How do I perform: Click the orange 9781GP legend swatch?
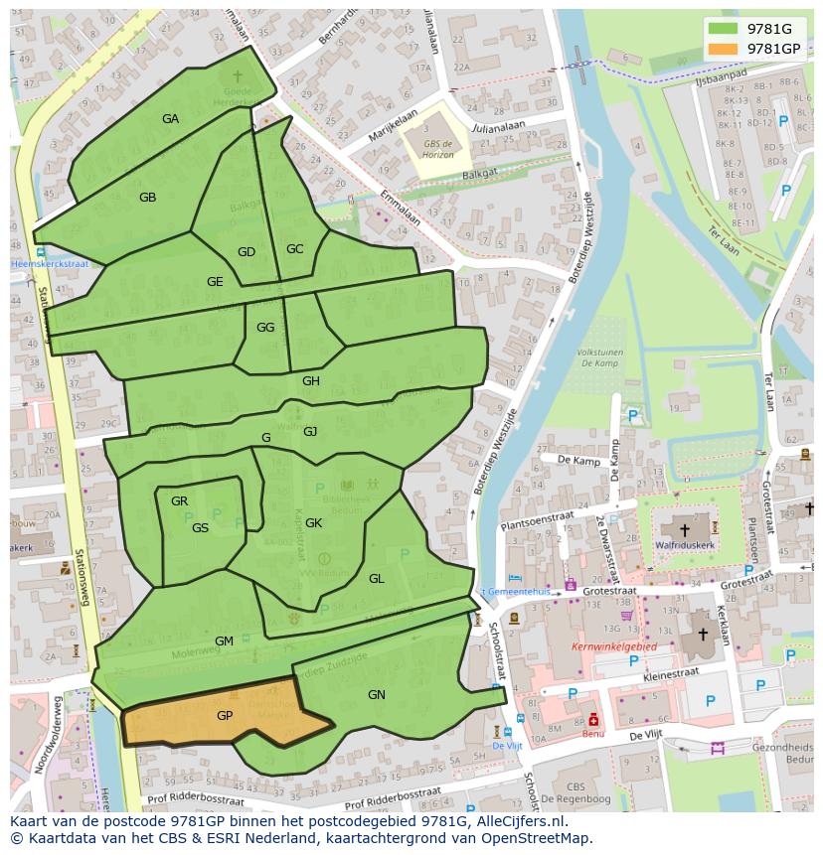coord(724,49)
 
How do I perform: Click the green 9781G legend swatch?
coord(724,29)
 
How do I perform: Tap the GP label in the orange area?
coord(225,715)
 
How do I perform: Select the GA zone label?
coord(170,119)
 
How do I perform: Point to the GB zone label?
coord(147,198)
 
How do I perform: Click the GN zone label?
coord(376,695)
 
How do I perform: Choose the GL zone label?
coord(376,579)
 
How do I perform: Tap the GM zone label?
coord(224,641)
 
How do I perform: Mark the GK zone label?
coord(313,523)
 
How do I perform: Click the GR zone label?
coord(179,501)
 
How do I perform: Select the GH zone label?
coord(311,381)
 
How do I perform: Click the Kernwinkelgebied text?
coord(613,646)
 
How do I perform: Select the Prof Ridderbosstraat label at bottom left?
coord(195,798)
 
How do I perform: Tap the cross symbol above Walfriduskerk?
coord(684,530)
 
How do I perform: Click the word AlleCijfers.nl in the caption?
coord(518,821)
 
